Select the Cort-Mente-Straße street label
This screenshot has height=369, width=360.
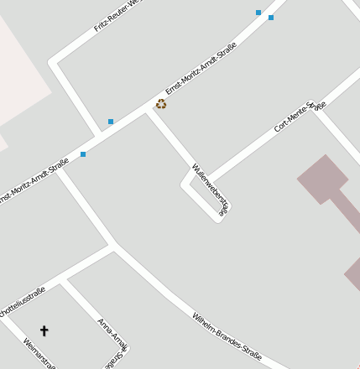click(x=299, y=117)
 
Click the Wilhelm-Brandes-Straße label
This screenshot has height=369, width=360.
click(x=227, y=337)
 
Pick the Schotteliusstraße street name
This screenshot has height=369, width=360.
click(x=23, y=301)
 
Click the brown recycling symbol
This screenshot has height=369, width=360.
click(x=161, y=104)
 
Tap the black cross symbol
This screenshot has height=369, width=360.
click(x=44, y=331)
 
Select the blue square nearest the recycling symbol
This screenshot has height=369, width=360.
click(x=111, y=122)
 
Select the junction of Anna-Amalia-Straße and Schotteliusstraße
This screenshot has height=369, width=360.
click(x=64, y=279)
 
